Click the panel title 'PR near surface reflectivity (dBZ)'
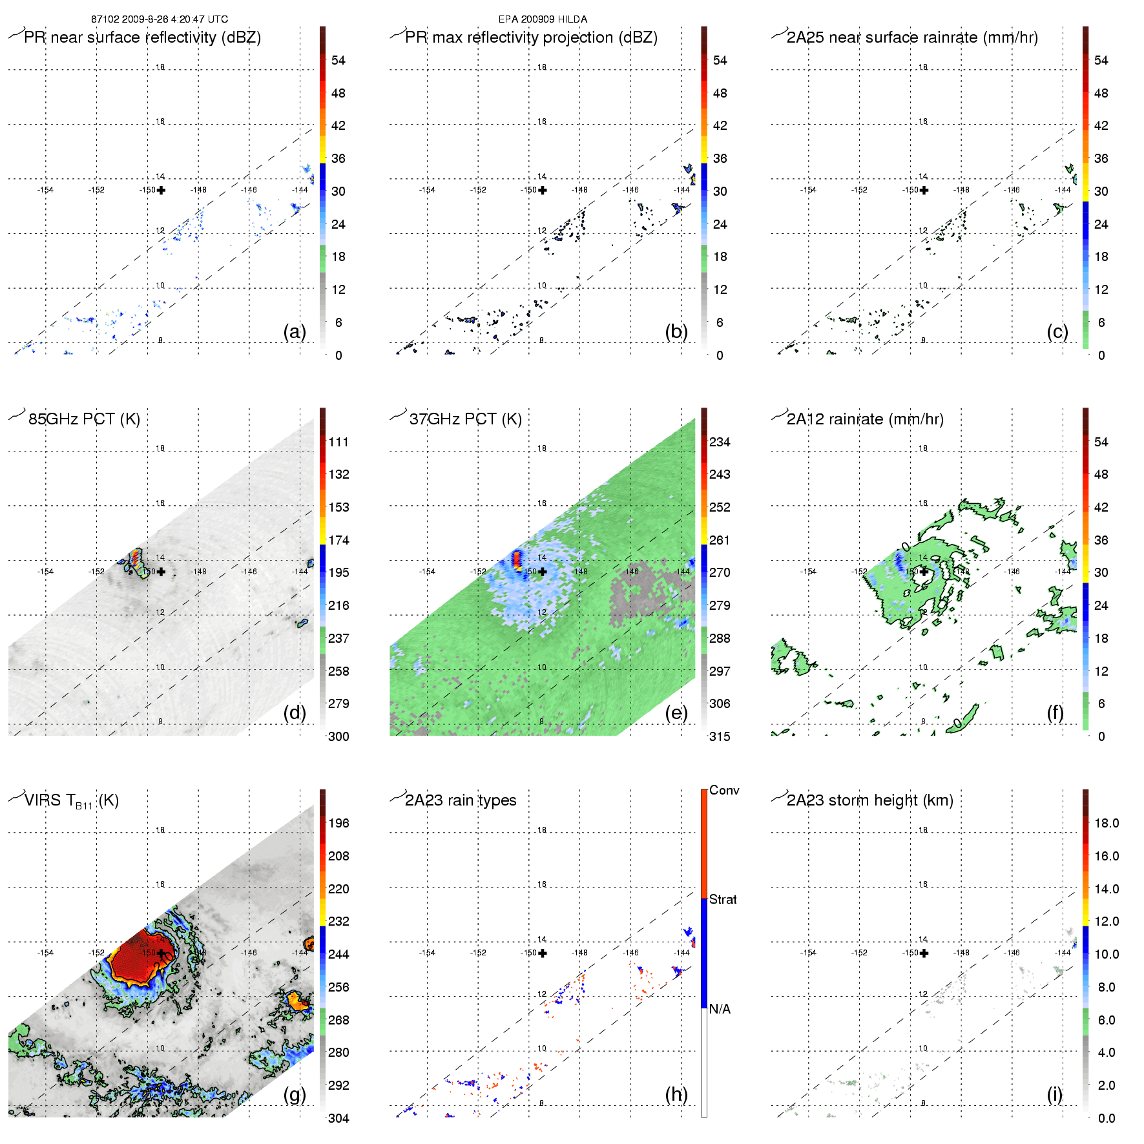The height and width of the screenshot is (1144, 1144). [x=142, y=37]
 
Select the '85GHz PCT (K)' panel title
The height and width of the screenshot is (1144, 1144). [x=84, y=419]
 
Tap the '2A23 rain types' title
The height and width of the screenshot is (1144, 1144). [x=461, y=800]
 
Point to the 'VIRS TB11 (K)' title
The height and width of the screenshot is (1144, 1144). [x=71, y=801]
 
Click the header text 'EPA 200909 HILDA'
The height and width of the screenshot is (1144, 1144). [x=543, y=19]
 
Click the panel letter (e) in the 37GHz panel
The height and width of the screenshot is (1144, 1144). [x=676, y=712]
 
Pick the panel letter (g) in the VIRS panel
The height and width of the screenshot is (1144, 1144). [x=295, y=1094]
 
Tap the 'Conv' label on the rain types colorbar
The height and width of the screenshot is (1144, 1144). [x=724, y=790]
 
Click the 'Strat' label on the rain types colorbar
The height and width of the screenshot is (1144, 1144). [x=723, y=899]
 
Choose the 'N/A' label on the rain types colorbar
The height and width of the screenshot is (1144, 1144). [x=720, y=1009]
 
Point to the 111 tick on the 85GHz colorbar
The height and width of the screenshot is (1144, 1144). [x=338, y=442]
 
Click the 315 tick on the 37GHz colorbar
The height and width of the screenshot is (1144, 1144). [x=720, y=736]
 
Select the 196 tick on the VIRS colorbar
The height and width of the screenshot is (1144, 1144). [x=338, y=823]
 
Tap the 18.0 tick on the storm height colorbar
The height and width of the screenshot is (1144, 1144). [x=1107, y=823]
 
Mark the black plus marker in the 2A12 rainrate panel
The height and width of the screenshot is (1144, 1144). [x=924, y=572]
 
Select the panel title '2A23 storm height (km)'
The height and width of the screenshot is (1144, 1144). [x=869, y=800]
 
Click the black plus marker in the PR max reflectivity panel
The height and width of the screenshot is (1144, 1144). [x=543, y=190]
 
